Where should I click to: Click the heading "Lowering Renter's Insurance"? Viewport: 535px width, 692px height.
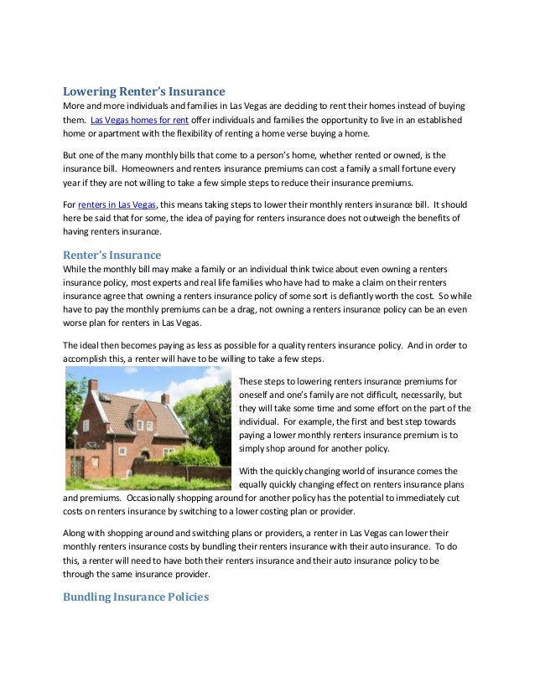144,91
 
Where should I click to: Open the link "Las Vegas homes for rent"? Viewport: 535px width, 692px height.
139,121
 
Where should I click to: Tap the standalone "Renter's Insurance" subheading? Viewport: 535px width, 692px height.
112,255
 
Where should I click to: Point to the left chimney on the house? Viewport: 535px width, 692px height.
93,385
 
